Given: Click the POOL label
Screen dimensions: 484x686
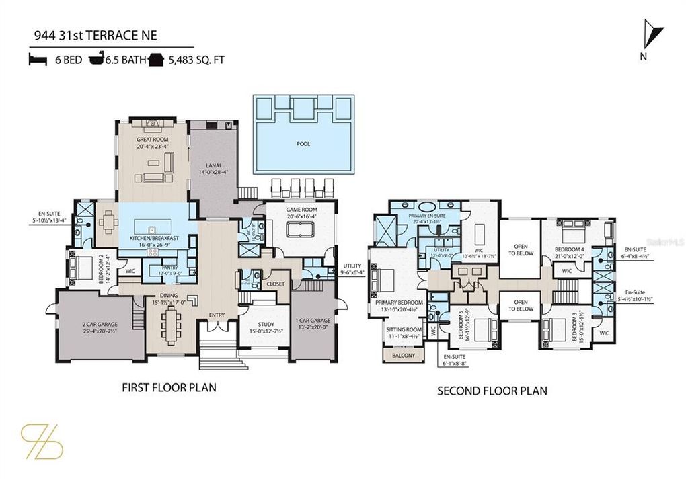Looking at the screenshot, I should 303,143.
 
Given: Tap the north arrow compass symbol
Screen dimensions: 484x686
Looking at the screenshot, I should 652,34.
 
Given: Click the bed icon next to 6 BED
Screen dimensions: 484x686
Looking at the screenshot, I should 37,60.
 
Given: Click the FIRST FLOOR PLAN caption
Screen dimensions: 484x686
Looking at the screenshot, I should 168,388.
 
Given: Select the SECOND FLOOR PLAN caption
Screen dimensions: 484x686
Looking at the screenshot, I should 492,391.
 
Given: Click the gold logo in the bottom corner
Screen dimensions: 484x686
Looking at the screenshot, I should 42,441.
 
